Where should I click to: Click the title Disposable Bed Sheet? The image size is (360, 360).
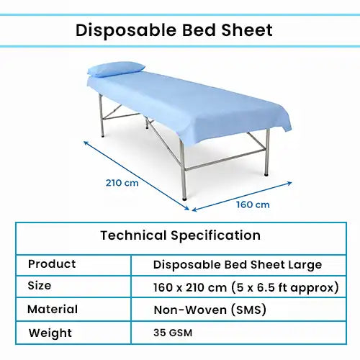(174, 30)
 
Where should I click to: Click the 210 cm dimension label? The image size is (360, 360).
(122, 182)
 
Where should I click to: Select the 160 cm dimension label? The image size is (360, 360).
(253, 204)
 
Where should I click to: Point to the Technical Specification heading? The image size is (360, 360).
(180, 235)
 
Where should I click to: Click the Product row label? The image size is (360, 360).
(52, 264)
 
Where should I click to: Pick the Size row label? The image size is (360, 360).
(40, 286)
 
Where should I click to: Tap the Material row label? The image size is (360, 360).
(53, 310)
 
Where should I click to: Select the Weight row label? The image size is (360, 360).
(50, 333)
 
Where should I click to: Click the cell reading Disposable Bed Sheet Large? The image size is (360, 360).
(236, 264)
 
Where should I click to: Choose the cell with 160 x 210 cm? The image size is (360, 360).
(246, 287)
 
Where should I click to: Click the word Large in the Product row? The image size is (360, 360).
(304, 264)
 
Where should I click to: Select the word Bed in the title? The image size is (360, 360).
(202, 30)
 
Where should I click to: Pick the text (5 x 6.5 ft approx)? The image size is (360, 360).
(285, 287)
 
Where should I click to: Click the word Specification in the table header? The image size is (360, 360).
(215, 235)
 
